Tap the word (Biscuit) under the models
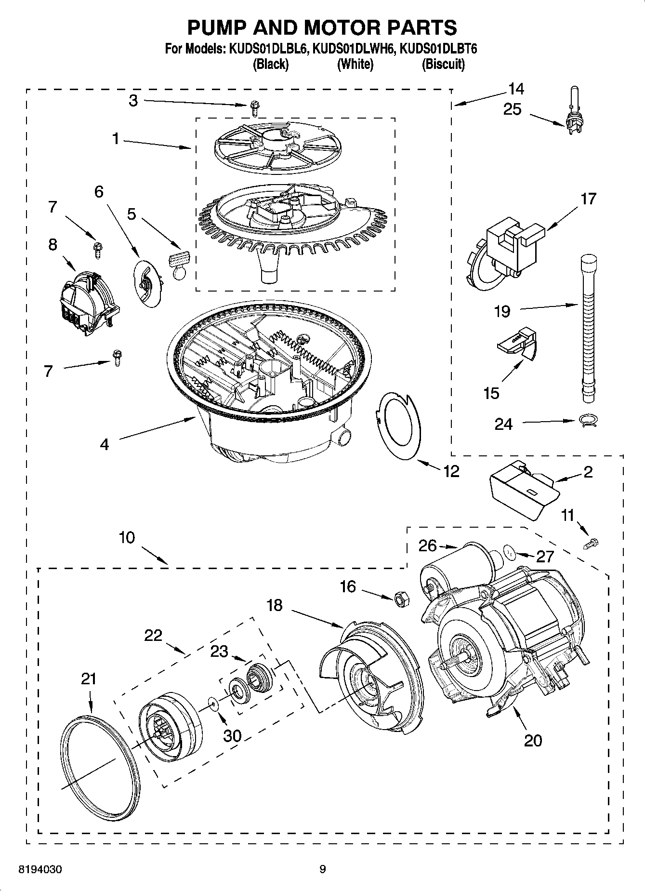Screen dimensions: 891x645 coord(443,64)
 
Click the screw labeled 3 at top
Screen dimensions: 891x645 coord(254,108)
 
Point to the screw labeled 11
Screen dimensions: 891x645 coord(593,543)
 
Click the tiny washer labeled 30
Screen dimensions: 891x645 coord(213,705)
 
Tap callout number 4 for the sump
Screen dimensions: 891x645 coord(105,444)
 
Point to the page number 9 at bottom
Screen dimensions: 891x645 coord(322,869)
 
